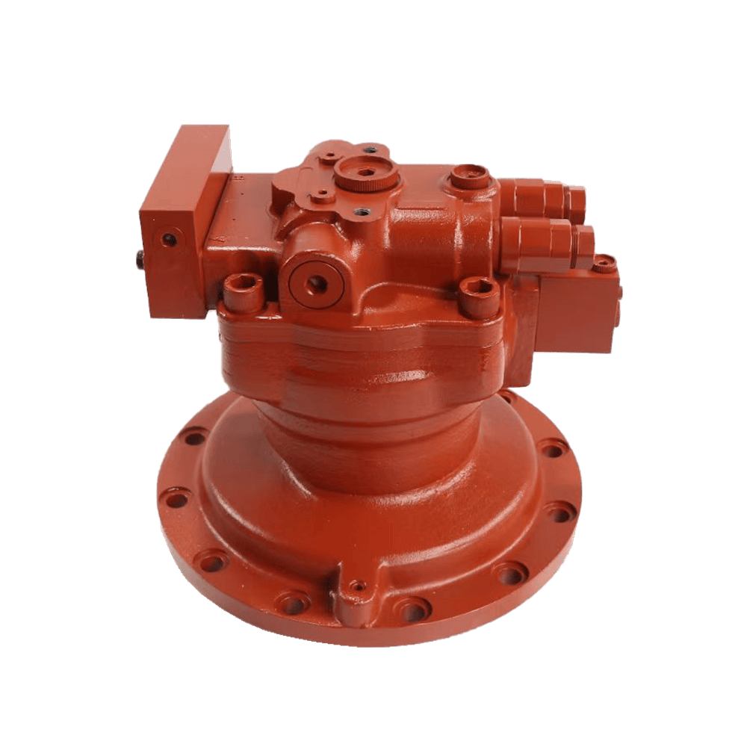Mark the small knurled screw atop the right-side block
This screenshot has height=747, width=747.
coord(604,261)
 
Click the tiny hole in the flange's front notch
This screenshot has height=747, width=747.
coord(359,584)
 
